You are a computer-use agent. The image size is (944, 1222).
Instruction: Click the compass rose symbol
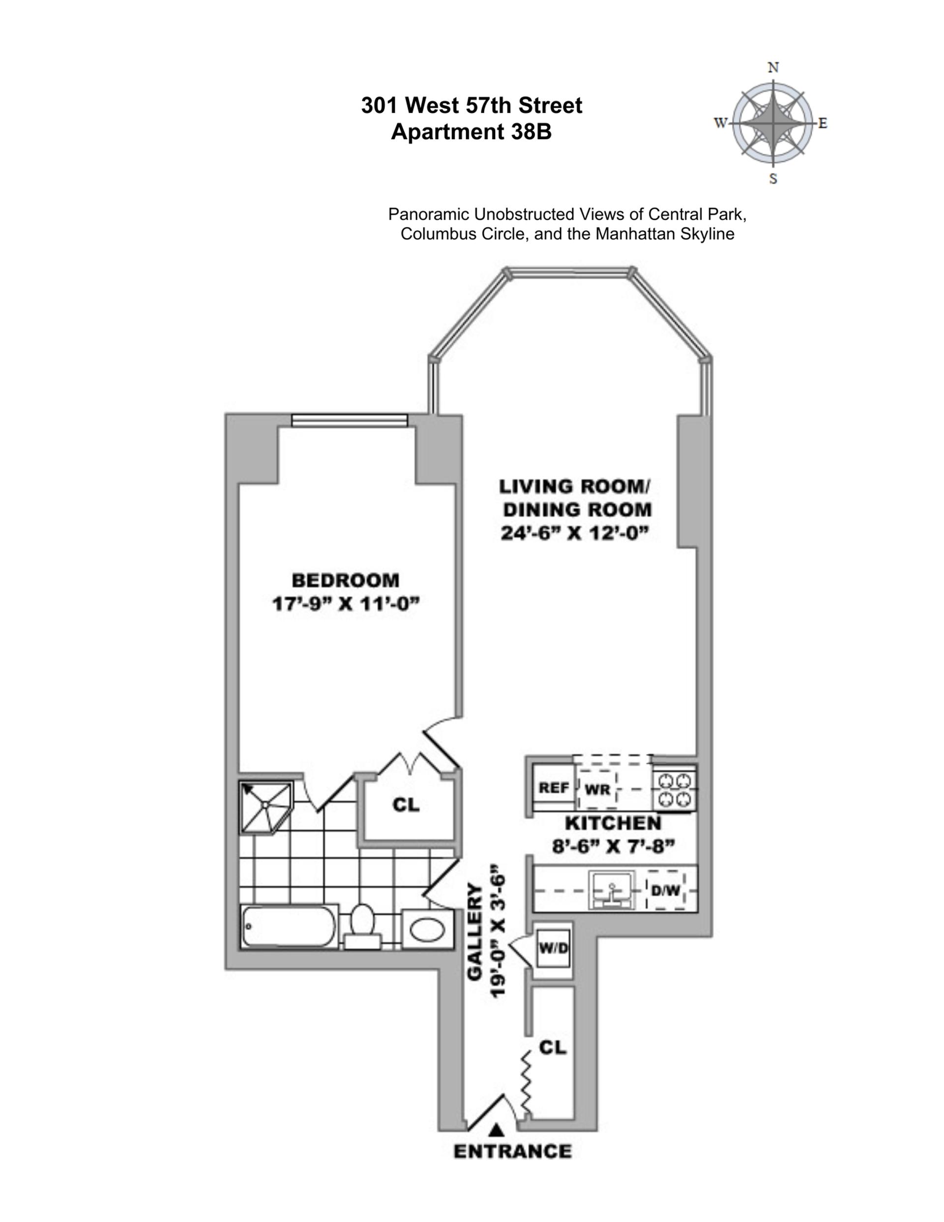773,123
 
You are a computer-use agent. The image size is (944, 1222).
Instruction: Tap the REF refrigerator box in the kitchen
553,788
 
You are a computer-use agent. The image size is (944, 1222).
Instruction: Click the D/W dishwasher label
665,890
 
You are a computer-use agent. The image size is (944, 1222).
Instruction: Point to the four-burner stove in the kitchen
674,789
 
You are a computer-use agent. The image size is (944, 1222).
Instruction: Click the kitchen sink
613,889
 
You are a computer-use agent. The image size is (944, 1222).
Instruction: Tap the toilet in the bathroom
362,926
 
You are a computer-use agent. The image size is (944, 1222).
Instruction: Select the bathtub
289,926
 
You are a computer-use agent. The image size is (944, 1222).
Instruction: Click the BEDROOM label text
346,580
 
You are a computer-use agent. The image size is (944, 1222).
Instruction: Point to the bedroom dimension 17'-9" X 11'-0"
346,604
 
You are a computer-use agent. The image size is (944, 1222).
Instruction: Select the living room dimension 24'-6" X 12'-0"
575,533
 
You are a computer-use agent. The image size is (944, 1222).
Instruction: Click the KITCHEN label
613,823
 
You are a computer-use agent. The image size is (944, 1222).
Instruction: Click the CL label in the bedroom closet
406,805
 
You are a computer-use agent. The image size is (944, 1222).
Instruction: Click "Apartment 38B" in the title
471,132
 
